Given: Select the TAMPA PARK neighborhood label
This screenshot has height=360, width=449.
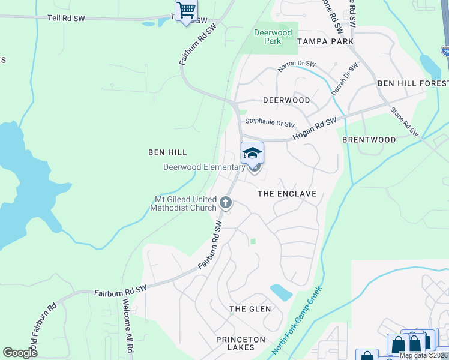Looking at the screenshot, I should click(325, 41).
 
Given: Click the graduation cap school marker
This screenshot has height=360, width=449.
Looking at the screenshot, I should click(253, 154).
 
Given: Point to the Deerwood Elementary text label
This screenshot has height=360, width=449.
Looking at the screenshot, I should click(204, 167).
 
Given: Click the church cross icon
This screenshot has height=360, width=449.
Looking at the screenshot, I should click(226, 202).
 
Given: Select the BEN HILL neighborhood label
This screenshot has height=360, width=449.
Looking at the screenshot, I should click(168, 153).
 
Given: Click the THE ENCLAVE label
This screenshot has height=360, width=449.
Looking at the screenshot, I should click(286, 194).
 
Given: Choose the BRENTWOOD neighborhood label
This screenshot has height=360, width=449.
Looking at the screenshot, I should click(369, 140).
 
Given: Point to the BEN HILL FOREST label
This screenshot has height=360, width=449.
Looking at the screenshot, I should click(412, 83).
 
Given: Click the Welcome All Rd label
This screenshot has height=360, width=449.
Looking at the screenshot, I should click(128, 325).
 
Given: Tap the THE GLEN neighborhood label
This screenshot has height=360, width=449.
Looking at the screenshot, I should click(250, 309).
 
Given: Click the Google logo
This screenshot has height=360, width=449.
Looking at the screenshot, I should click(20, 352).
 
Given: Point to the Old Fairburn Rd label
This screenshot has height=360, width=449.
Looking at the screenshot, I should click(42, 329).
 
